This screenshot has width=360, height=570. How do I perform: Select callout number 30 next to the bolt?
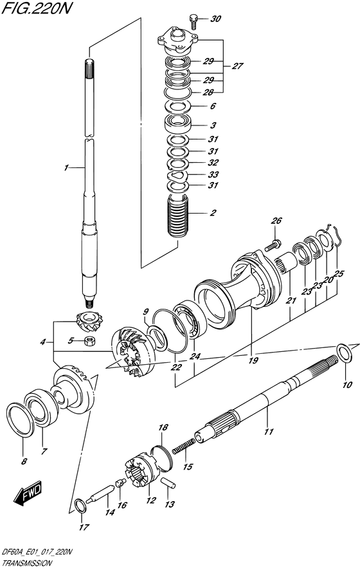tap(215, 19)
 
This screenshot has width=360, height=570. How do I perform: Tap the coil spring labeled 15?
tap(184, 444)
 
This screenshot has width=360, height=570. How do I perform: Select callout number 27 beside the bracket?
tap(238, 66)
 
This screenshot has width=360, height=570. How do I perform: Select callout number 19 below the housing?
tap(253, 360)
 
